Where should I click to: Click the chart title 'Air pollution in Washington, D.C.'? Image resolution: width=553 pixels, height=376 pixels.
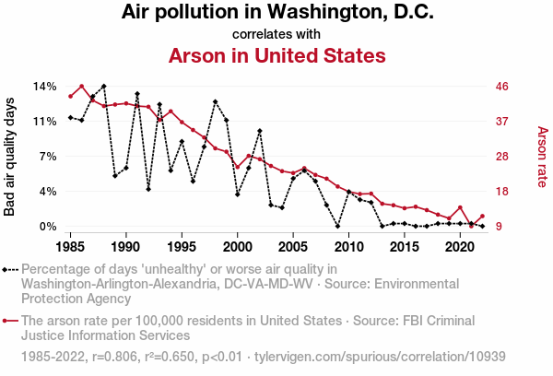[276, 13]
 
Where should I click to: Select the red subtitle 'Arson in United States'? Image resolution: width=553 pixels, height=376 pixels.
[276, 55]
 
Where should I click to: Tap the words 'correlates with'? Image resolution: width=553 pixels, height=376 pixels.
[276, 34]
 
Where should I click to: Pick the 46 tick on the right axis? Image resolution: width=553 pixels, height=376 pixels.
[502, 86]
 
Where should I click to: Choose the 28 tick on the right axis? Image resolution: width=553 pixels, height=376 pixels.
[502, 156]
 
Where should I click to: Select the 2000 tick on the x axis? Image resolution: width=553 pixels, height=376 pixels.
[238, 247]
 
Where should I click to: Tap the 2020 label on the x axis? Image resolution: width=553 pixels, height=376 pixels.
[461, 247]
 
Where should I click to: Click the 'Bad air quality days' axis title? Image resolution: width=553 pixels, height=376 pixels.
[10, 156]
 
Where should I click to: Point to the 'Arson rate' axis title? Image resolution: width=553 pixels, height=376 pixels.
[541, 156]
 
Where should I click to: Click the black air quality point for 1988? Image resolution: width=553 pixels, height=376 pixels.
[103, 86]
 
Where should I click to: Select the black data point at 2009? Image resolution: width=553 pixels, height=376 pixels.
[337, 226]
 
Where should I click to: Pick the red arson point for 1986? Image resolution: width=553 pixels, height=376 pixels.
[81, 87]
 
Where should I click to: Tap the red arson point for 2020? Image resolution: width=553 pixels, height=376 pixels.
[460, 207]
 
